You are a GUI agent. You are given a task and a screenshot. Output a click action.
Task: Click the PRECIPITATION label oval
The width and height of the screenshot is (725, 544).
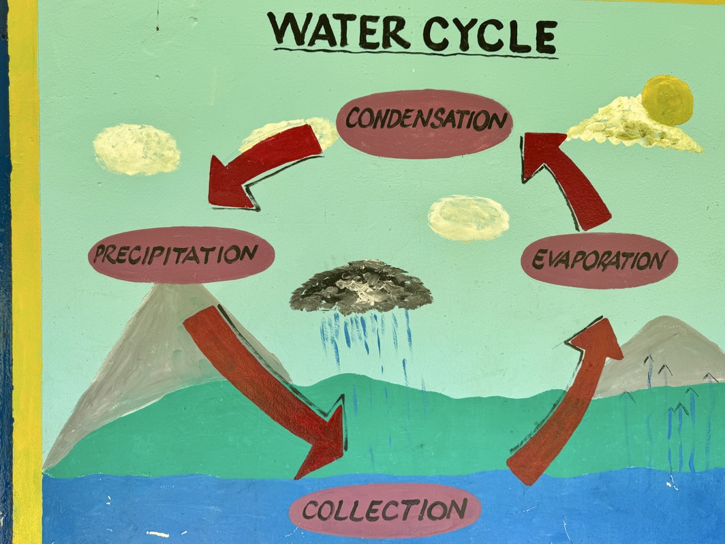pos(181,255)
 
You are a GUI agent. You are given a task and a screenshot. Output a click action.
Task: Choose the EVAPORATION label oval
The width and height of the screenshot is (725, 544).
pos(599,260)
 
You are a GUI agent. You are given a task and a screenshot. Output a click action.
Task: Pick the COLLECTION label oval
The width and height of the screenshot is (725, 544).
pos(385,509)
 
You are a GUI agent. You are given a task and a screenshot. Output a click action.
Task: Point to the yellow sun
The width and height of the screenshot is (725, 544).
pos(667,100)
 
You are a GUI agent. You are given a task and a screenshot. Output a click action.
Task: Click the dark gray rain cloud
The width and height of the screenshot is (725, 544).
pos(361,286)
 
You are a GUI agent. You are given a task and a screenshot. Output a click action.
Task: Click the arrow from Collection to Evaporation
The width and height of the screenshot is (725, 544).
pos(566,402)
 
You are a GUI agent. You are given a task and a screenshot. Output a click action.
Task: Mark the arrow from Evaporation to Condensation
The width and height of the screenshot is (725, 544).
pos(569,177)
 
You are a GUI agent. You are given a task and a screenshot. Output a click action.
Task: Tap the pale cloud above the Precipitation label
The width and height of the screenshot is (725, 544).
pos(136,149)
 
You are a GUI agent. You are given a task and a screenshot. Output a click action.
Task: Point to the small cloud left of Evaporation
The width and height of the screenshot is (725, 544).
pos(468,217)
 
